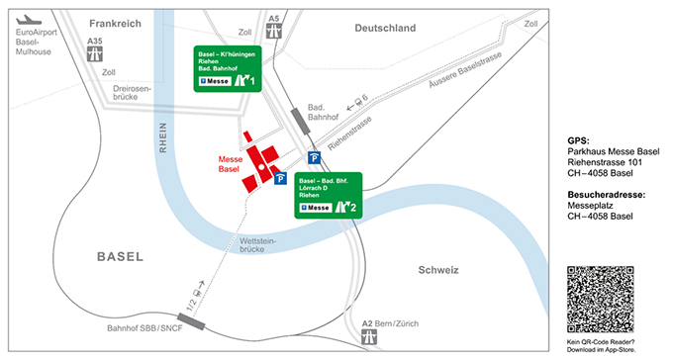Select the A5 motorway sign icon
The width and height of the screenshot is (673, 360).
click(273, 31)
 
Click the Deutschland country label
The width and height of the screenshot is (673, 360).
click(386, 29)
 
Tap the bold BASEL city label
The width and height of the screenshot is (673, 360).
click(120, 257)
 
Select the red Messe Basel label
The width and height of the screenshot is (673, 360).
click(230, 164)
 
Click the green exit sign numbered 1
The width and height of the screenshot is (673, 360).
click(228, 68)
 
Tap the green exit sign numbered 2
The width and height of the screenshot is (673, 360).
click(329, 194)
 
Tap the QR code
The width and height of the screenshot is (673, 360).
click(600, 298)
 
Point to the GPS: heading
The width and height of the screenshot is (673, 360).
click(580, 140)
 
